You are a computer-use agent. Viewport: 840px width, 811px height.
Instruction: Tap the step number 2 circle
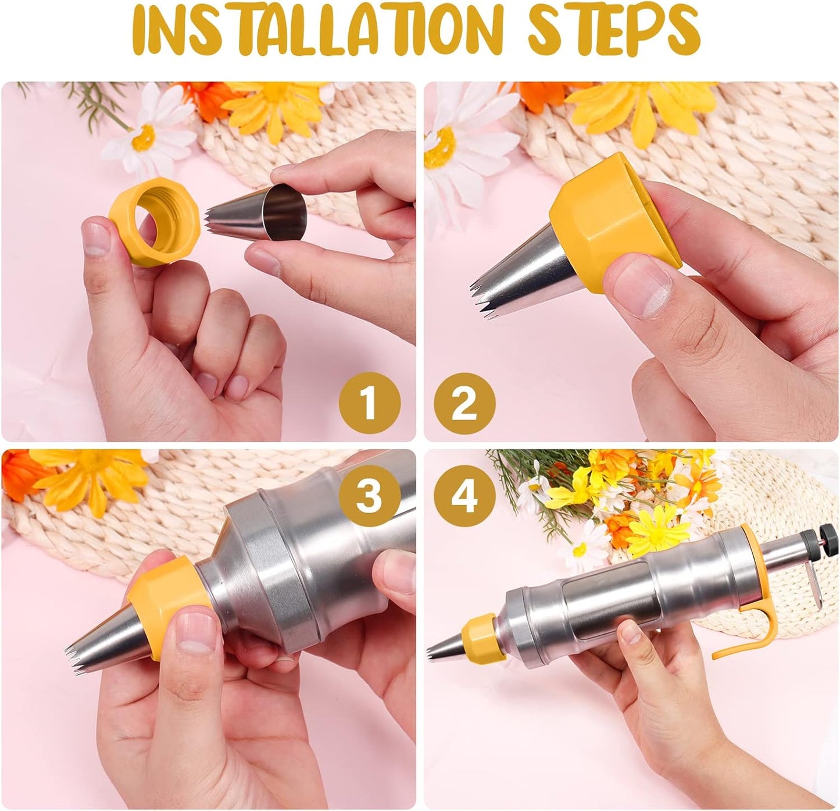tap(464, 403)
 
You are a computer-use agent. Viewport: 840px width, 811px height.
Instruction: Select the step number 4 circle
tap(464, 496)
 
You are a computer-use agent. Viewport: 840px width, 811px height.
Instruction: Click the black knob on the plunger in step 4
tap(830, 537)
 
